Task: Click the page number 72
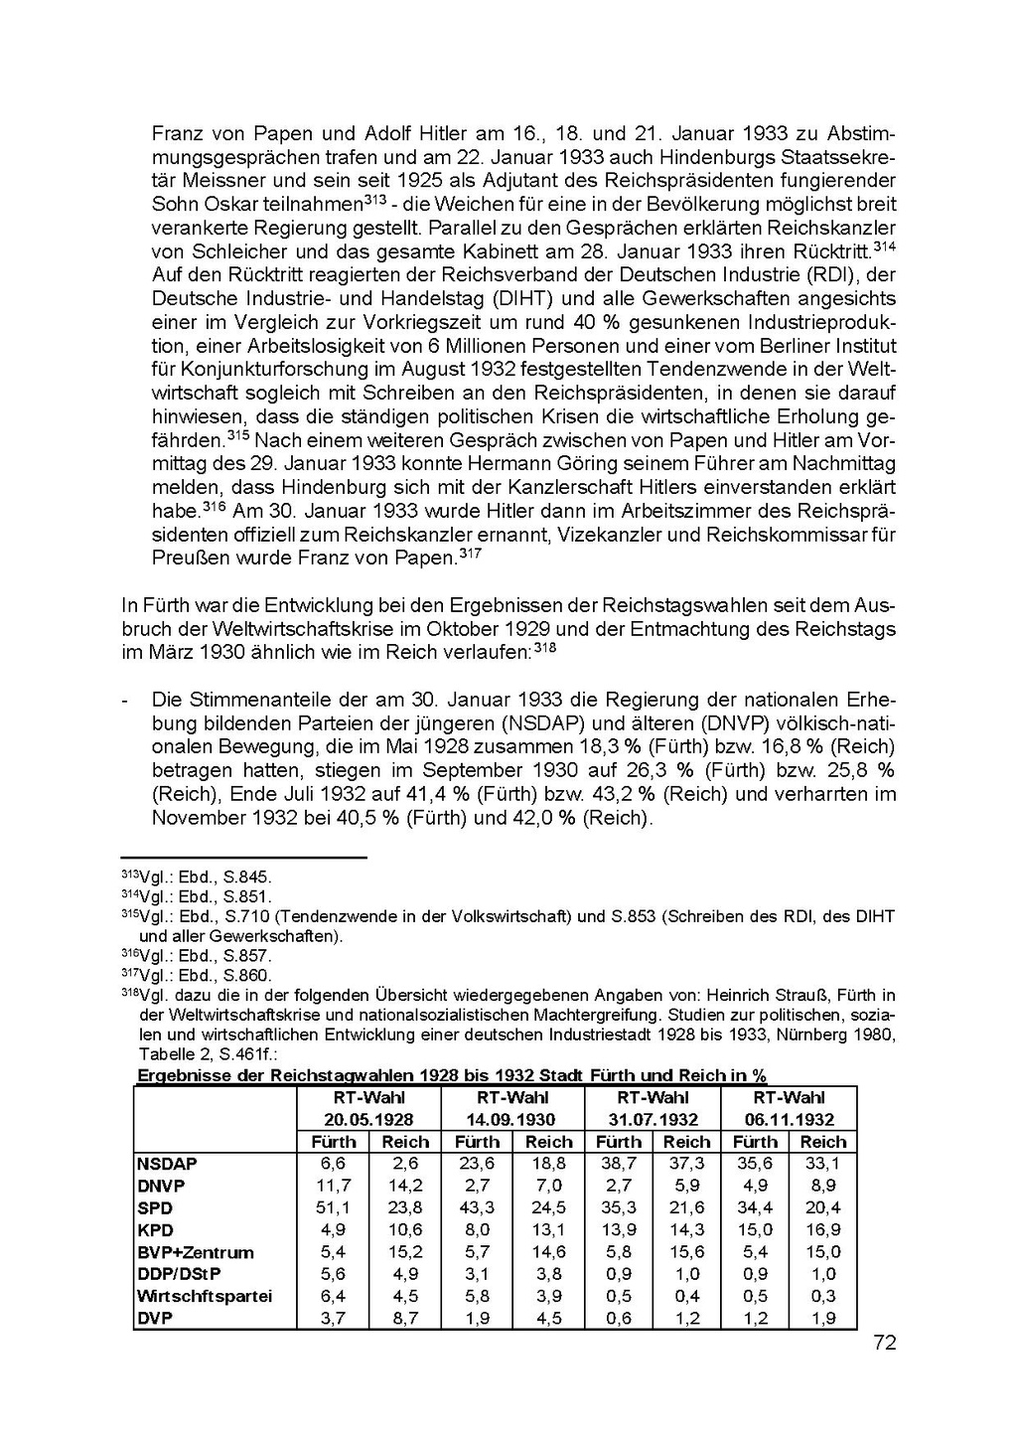[x=885, y=1343]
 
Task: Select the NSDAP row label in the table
[x=168, y=1164]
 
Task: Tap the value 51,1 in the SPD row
[x=333, y=1207]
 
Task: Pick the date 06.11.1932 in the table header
[x=790, y=1120]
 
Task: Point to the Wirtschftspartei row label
[x=205, y=1296]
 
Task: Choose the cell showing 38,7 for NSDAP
[x=619, y=1164]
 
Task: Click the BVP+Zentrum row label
[x=196, y=1252]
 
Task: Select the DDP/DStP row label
[x=180, y=1274]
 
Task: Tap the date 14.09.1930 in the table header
[x=511, y=1120]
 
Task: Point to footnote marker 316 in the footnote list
[x=129, y=954]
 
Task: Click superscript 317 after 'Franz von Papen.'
[x=470, y=553]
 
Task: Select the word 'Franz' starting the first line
[x=176, y=133]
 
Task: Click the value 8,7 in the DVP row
[x=405, y=1319]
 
